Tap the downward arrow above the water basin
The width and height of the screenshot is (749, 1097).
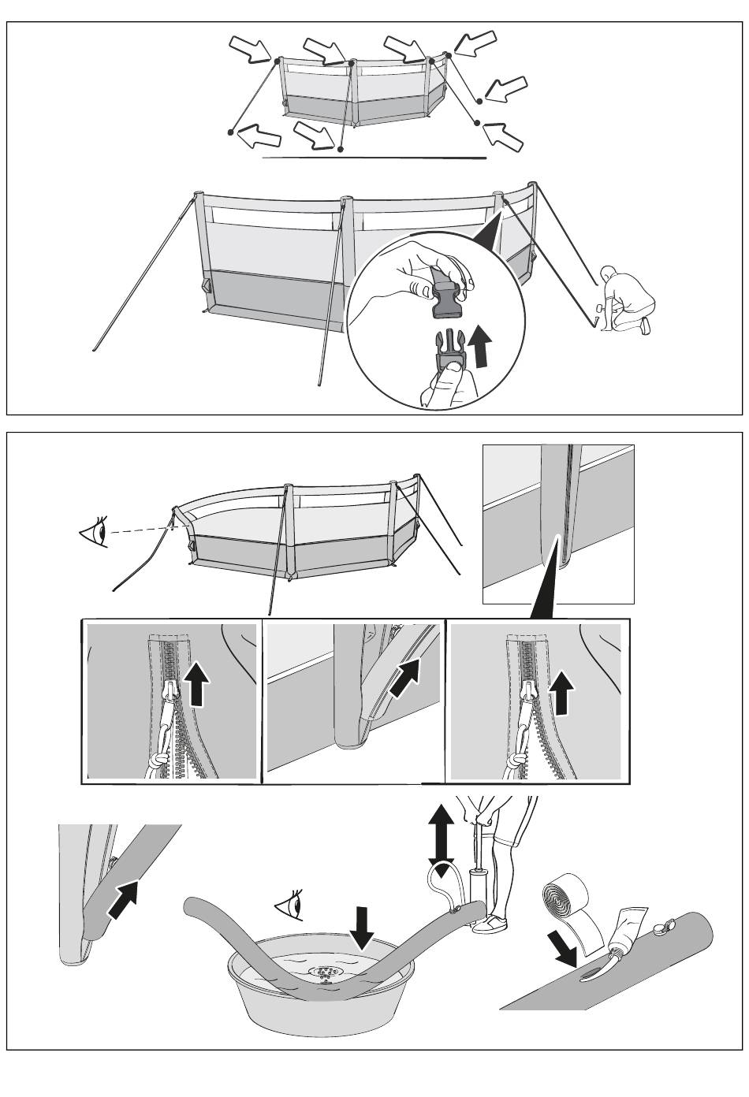pyautogui.click(x=363, y=928)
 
